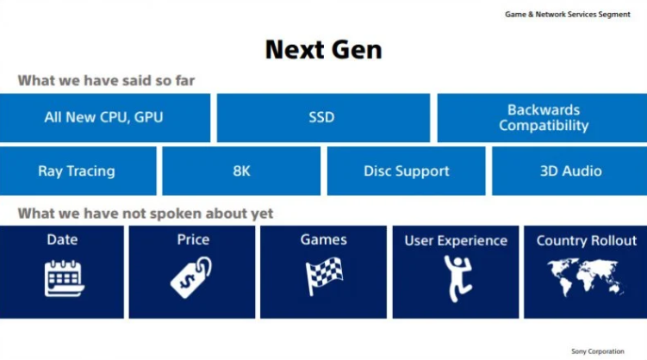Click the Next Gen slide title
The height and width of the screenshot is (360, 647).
pos(324,49)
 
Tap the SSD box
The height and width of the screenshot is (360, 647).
pos(324,117)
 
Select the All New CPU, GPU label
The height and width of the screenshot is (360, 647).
pos(103,117)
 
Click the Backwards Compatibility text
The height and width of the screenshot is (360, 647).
pos(544,117)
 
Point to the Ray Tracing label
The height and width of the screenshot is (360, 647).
pos(77,171)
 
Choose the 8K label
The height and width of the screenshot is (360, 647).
pos(241,171)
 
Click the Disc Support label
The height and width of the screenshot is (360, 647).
pos(406,171)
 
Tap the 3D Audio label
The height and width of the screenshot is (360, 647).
pos(570,171)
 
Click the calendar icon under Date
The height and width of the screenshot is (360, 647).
pos(64,278)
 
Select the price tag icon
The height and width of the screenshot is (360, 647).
pos(190,277)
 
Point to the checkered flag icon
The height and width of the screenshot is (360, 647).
pos(324,276)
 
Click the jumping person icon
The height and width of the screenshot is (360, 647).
pos(458,278)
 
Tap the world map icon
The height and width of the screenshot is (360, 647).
pos(585,277)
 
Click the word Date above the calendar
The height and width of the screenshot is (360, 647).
pos(62,239)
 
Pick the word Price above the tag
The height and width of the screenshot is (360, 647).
pos(193,239)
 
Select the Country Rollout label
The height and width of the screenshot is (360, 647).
pos(587,240)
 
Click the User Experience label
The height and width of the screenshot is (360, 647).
pos(456,241)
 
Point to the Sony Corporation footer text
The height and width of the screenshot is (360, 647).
pos(598,351)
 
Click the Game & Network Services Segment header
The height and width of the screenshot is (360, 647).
pos(568,15)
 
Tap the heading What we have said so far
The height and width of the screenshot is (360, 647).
pos(106,80)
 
